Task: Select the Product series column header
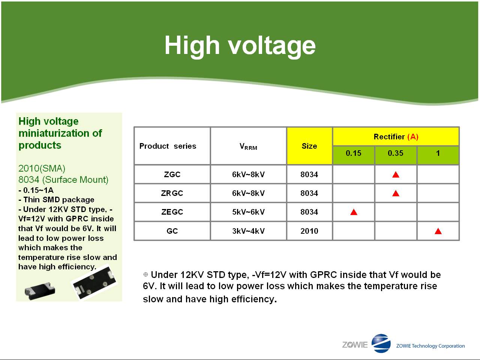click(168, 146)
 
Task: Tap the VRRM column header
click(248, 146)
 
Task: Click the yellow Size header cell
click(309, 146)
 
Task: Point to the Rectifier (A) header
click(396, 136)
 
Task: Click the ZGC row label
click(172, 174)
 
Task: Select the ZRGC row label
click(172, 193)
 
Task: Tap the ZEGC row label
click(172, 212)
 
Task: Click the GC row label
click(172, 231)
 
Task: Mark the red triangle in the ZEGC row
click(354, 212)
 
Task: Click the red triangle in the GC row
click(438, 232)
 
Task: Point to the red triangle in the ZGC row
click(396, 175)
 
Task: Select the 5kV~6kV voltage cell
click(248, 212)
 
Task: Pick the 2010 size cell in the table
click(309, 231)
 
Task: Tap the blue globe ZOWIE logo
click(381, 343)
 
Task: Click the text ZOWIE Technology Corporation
click(430, 346)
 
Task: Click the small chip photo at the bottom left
click(40, 291)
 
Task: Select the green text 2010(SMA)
click(42, 169)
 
